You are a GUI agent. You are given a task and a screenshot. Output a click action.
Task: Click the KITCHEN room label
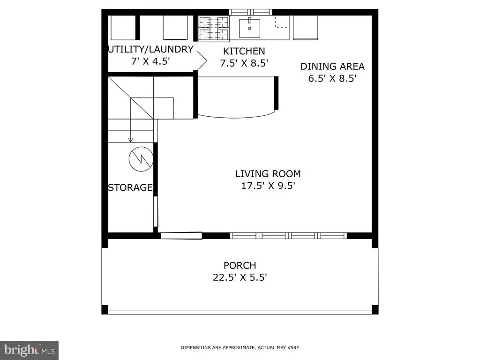coord(244,51)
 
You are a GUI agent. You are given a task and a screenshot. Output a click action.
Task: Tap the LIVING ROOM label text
coord(268,174)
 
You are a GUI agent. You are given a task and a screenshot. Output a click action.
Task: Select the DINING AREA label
coord(332,67)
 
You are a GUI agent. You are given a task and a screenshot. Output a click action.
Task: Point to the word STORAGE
coord(130,187)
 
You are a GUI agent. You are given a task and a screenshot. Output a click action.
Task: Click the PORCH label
coord(240,265)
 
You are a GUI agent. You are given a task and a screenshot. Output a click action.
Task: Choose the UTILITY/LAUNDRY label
coord(150,49)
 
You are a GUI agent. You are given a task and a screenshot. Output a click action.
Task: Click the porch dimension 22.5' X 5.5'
coord(240,277)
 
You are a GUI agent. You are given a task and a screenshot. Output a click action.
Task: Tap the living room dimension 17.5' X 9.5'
coord(268,186)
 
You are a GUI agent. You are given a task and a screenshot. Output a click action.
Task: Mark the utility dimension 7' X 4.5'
coord(150,61)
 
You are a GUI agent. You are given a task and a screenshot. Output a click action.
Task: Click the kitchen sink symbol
coord(249,28)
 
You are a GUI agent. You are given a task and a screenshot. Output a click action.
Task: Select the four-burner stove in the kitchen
coord(214,29)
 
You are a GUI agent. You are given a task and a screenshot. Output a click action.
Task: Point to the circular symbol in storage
coord(141,159)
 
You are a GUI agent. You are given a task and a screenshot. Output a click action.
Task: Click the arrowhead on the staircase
coord(131,140)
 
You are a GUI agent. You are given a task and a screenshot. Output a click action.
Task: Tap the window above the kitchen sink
coord(250,12)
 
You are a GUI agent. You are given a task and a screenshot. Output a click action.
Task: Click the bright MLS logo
coord(30,350)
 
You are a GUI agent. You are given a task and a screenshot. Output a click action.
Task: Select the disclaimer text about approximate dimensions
coord(240,347)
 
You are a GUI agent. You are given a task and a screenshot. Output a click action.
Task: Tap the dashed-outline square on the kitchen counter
coord(281,22)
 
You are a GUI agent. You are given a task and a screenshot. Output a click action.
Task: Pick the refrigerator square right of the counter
coord(305,28)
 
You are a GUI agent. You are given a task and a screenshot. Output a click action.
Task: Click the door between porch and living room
coord(181,236)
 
